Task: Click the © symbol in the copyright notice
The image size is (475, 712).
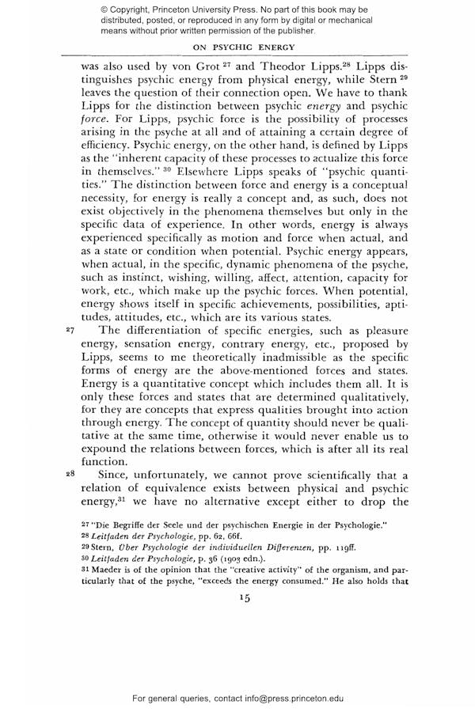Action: coord(104,9)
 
